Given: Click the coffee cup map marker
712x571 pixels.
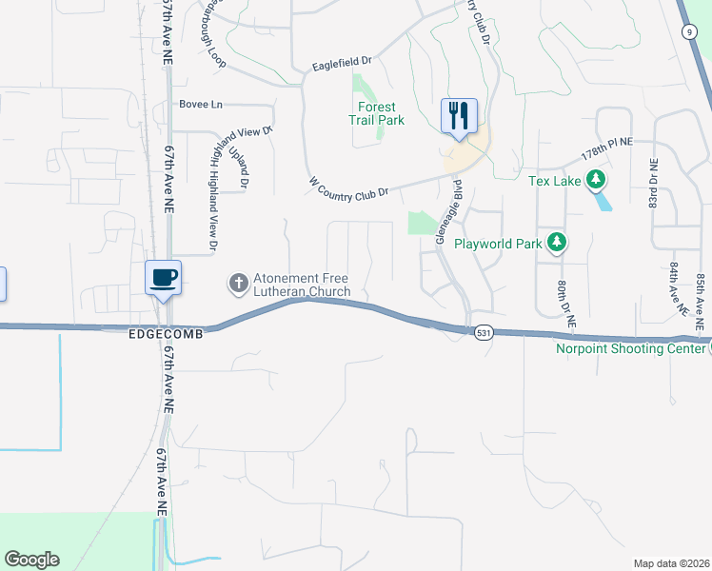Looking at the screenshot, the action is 163,277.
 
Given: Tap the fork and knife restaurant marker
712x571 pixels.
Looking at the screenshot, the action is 459,116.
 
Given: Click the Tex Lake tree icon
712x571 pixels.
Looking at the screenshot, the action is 597,179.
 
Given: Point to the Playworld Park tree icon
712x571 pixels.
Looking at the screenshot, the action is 556,244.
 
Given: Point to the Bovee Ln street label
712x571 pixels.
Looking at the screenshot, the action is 201,103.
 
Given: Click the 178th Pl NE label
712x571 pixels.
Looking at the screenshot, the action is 606,148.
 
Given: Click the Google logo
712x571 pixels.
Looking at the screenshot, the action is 31,560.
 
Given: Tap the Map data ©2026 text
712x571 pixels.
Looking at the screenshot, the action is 672,563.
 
